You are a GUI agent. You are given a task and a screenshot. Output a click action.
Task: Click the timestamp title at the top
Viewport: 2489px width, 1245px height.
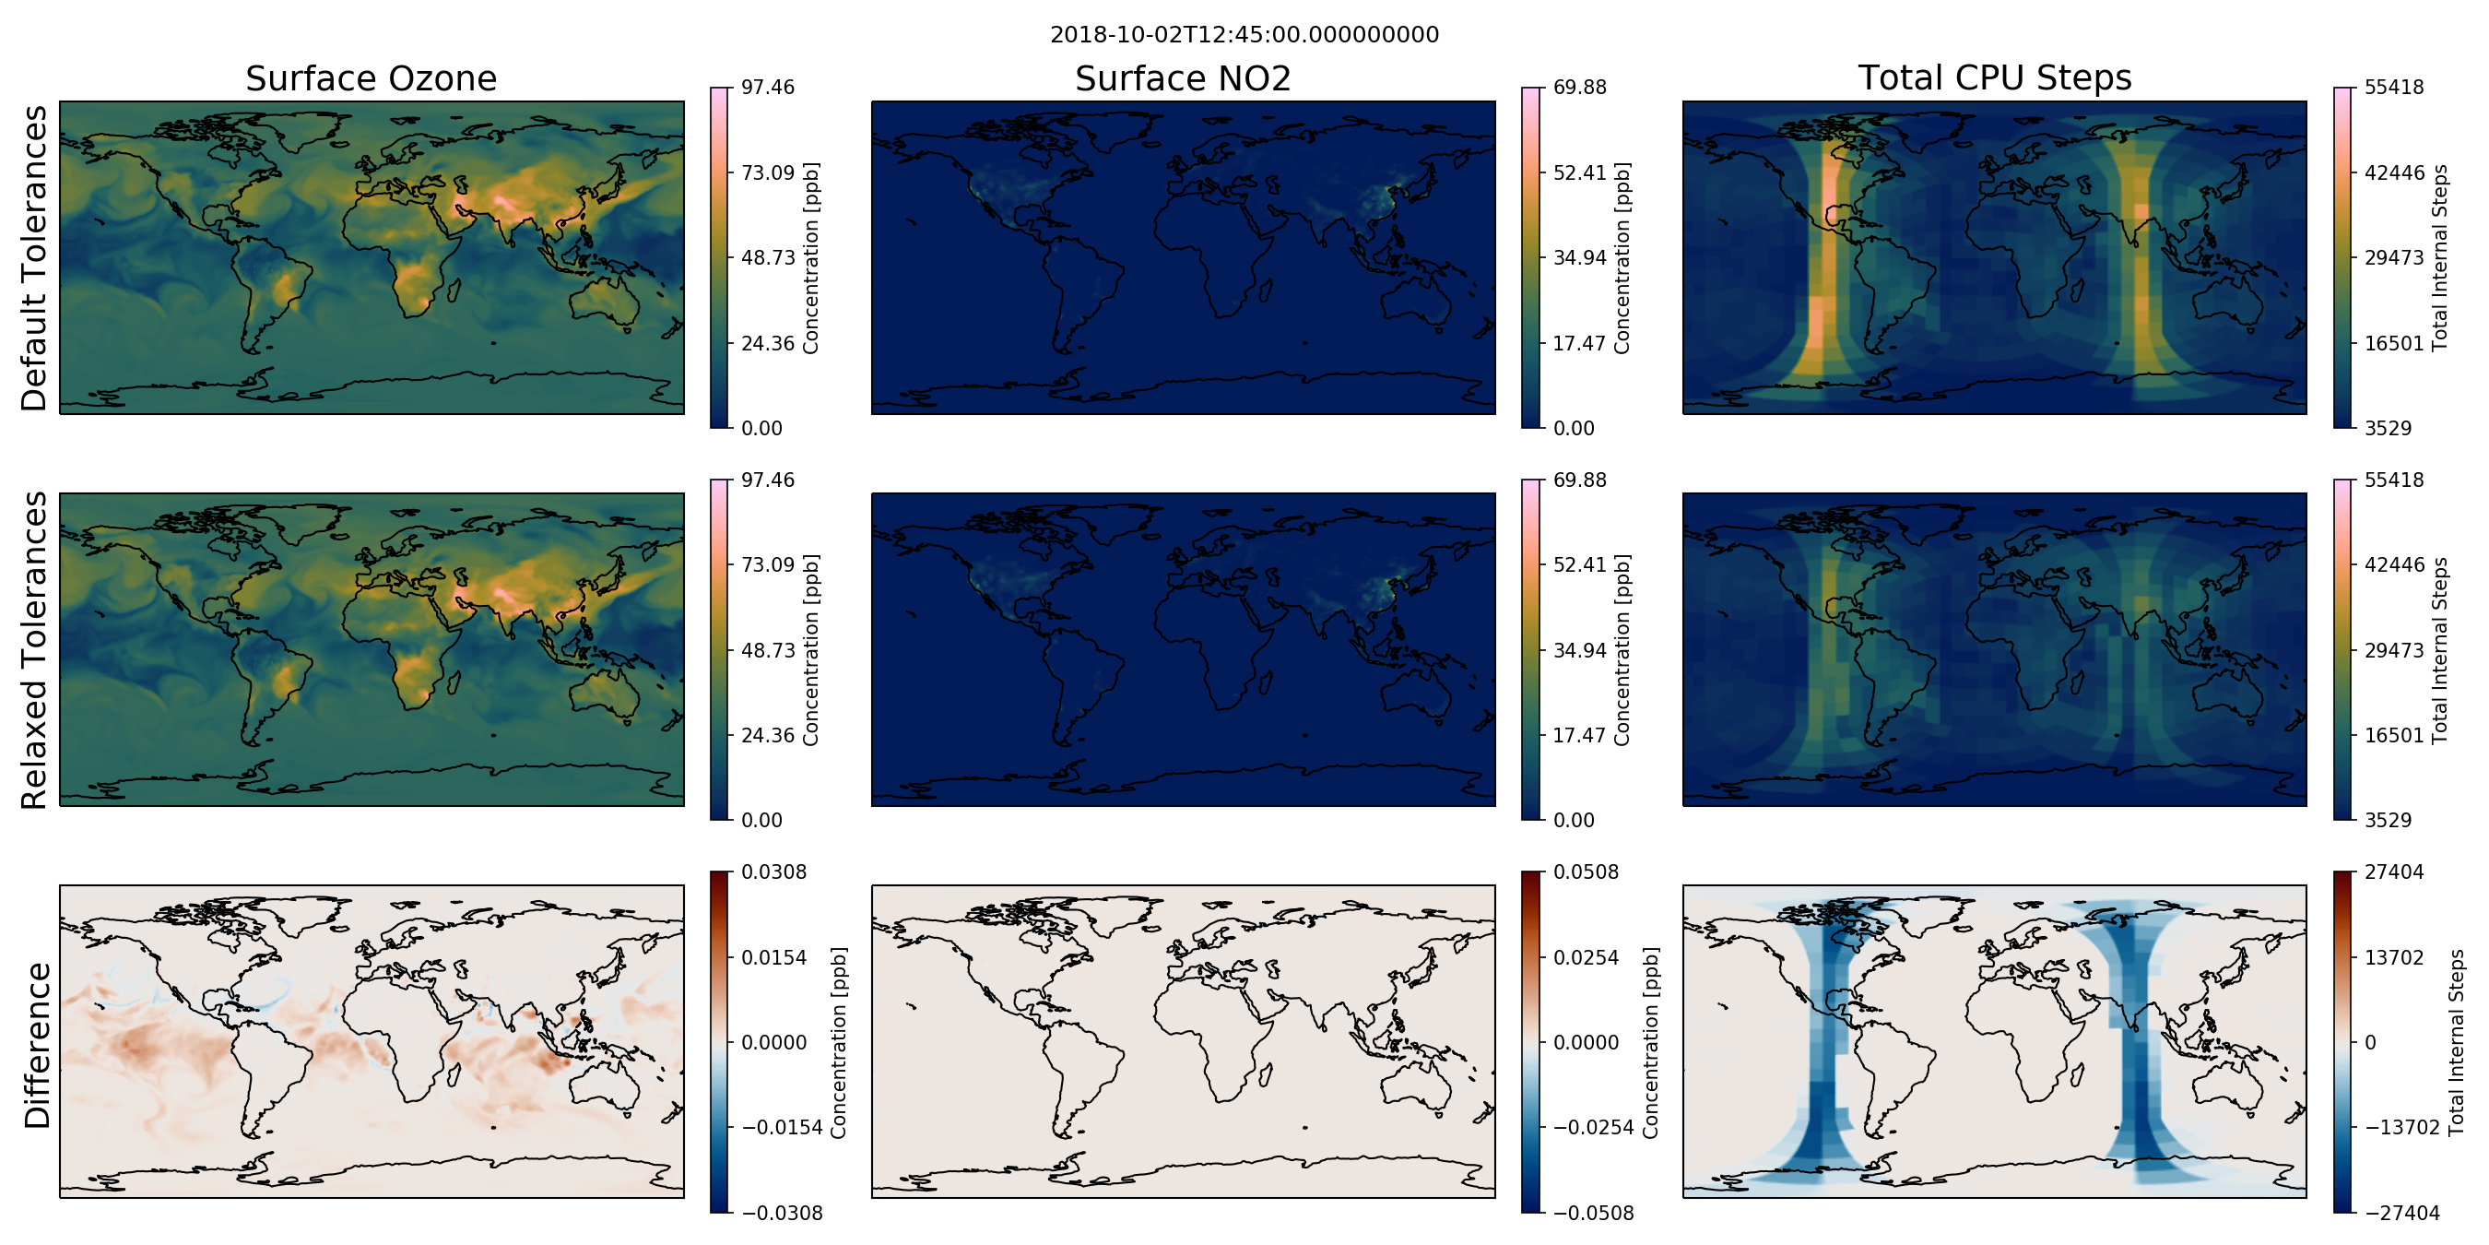pyautogui.click(x=1244, y=35)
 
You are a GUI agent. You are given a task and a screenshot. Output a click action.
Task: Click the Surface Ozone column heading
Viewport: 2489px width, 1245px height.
pyautogui.click(x=371, y=78)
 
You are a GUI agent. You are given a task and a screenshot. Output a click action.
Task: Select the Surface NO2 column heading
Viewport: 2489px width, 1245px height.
pyautogui.click(x=1183, y=78)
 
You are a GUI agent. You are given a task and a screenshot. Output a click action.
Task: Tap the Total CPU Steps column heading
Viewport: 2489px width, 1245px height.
pyautogui.click(x=1994, y=77)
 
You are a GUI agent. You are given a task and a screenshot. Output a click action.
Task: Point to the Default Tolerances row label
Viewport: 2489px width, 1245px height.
pyautogui.click(x=34, y=258)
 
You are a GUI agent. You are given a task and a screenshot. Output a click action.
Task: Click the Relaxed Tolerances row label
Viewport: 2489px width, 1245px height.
pyautogui.click(x=34, y=649)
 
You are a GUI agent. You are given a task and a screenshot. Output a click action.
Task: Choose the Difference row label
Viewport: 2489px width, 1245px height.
pyautogui.click(x=36, y=1045)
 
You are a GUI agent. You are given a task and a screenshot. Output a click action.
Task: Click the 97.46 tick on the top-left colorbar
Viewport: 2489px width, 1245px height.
pyautogui.click(x=767, y=87)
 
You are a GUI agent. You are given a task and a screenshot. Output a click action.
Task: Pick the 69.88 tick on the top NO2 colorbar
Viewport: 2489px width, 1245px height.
pyautogui.click(x=1580, y=87)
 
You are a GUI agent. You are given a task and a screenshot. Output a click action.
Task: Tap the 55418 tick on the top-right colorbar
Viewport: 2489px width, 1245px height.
pyautogui.click(x=2393, y=87)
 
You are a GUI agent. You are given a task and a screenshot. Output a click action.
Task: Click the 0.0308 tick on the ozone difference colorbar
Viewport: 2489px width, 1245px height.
pyautogui.click(x=774, y=871)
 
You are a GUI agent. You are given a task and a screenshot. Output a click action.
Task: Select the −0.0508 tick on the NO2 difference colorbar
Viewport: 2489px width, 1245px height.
pyautogui.click(x=1593, y=1213)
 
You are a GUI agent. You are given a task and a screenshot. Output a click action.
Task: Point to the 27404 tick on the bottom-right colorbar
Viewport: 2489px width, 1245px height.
pyautogui.click(x=2393, y=871)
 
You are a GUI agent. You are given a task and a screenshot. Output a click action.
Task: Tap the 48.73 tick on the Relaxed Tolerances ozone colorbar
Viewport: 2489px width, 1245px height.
pyautogui.click(x=767, y=649)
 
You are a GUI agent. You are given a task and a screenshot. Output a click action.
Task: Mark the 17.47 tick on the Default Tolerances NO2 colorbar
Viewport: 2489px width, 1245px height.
pyautogui.click(x=1580, y=343)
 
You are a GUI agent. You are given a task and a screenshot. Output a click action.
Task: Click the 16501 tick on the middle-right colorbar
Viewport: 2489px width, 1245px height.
pyautogui.click(x=2393, y=735)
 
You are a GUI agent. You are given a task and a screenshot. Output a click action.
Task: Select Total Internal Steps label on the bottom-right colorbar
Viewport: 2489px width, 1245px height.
pyautogui.click(x=2455, y=1042)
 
